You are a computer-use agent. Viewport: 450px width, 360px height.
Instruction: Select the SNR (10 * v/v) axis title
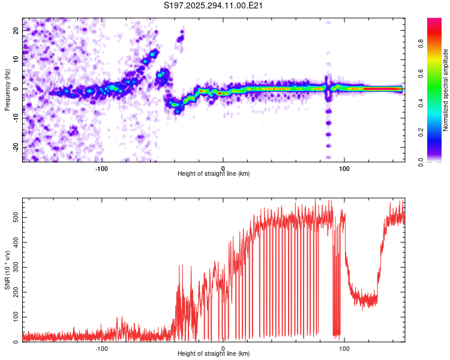[7, 272]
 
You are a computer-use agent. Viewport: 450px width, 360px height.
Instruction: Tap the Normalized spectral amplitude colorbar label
[446, 90]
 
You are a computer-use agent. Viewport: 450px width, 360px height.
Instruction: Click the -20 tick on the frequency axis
[16, 147]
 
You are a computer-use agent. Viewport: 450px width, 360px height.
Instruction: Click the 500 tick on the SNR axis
[14, 218]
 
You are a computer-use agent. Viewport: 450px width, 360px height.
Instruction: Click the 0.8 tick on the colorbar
[439, 43]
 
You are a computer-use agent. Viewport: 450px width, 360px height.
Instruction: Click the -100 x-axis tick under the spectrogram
[101, 167]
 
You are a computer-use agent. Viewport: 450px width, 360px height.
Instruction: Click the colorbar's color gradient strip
[434, 90]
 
